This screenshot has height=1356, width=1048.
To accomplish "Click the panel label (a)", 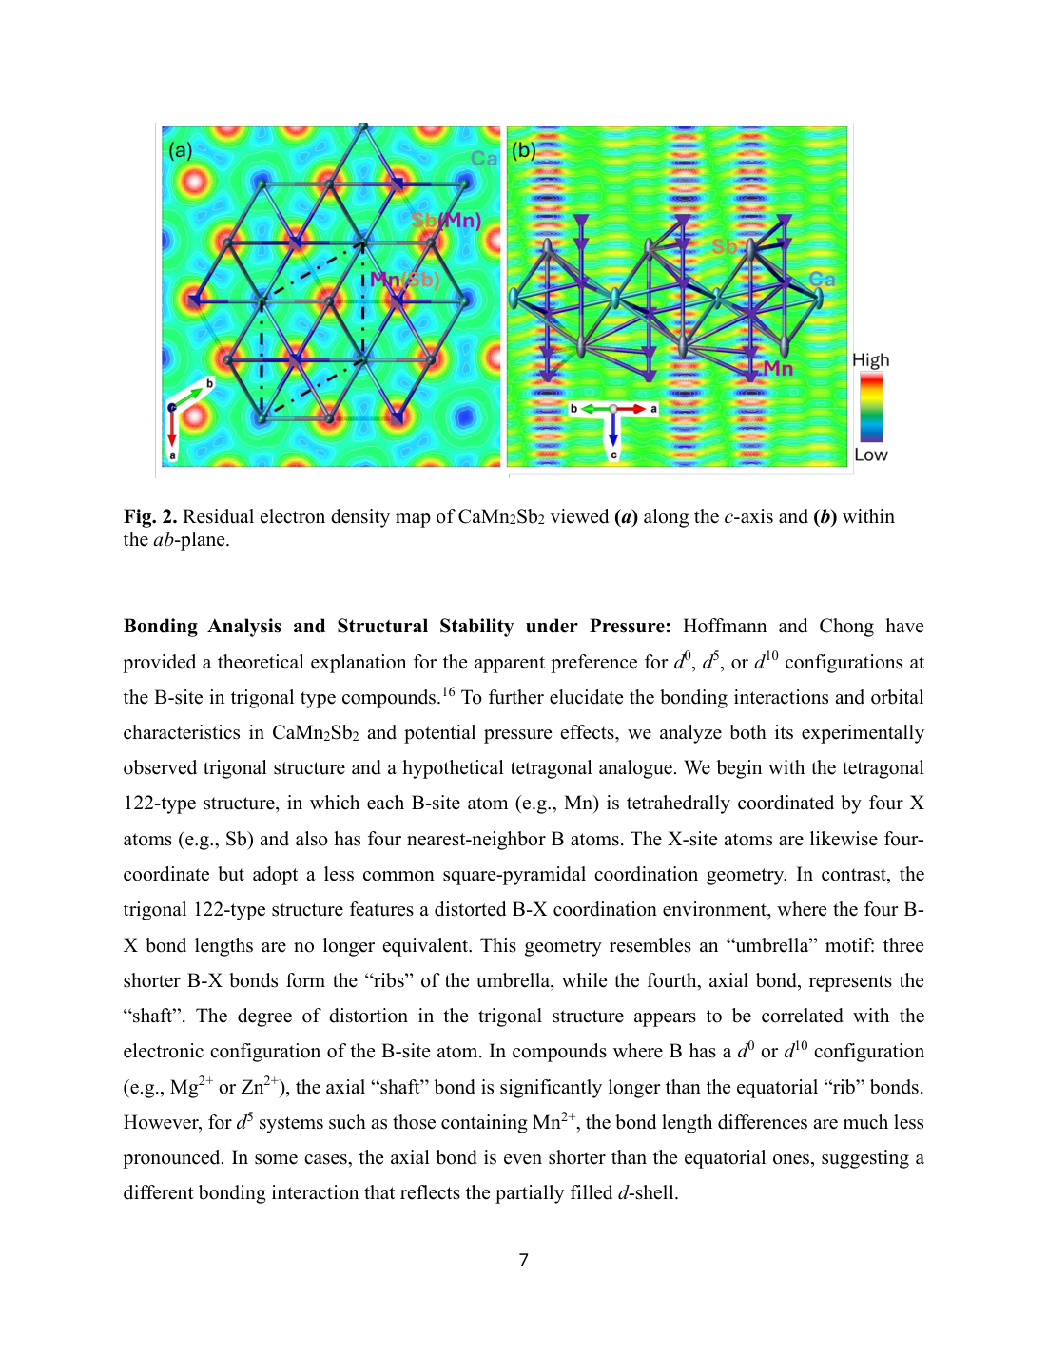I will point(180,150).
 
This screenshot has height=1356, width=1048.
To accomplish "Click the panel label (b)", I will point(524,150).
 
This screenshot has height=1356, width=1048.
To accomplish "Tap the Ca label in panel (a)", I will point(484,159).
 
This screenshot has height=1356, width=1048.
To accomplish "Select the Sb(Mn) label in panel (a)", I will point(446,221).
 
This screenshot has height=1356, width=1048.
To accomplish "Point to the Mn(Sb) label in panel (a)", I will point(405,280).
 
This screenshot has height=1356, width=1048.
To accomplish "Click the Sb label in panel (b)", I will point(725,247).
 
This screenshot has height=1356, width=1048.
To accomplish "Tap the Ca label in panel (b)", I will point(822,280).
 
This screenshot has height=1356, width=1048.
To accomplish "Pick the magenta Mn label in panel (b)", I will point(778,369).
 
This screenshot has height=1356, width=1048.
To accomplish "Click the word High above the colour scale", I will point(870,360).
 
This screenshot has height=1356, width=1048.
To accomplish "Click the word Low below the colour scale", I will point(870,455).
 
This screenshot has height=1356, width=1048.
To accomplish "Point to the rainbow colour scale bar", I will point(870,407).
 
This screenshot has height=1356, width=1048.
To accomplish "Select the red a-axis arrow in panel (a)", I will point(172,428).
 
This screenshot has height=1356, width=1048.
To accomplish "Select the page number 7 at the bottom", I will point(523,1260).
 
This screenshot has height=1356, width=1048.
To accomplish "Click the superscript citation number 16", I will point(448,691).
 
